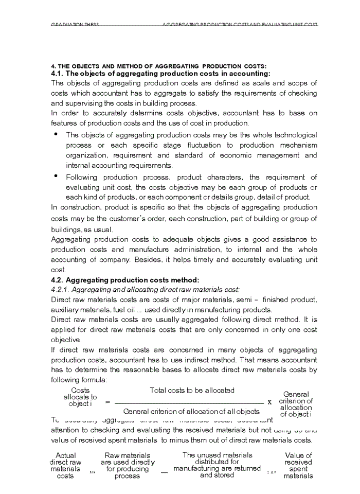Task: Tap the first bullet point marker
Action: pyautogui.click(x=56, y=134)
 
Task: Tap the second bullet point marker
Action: pyautogui.click(x=56, y=176)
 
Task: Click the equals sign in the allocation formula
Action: pyautogui.click(x=107, y=401)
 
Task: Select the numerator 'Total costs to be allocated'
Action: pyautogui.click(x=192, y=391)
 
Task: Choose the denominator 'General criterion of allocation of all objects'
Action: pyautogui.click(x=191, y=411)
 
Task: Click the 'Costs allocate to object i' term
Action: pyautogui.click(x=80, y=397)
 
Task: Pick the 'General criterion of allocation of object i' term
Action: pyautogui.click(x=296, y=404)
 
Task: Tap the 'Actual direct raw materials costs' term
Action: pyautogui.click(x=65, y=466)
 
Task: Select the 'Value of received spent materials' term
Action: pyautogui.click(x=298, y=466)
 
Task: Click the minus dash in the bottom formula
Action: pyautogui.click(x=164, y=472)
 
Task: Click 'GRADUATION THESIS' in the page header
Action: pyautogui.click(x=75, y=25)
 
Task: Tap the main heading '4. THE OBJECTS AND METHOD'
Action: pyautogui.click(x=158, y=66)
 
